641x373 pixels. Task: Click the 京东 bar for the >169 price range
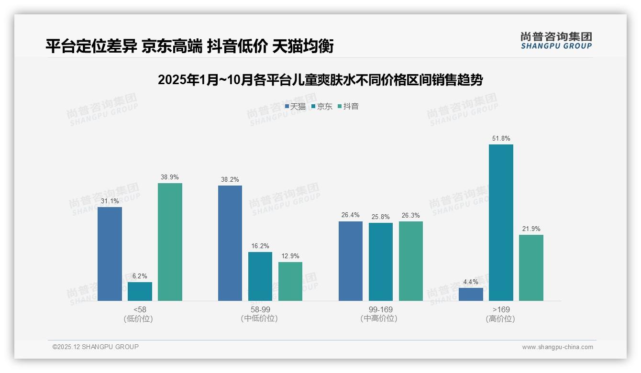[x=501, y=222]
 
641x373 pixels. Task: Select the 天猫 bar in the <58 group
[x=110, y=253]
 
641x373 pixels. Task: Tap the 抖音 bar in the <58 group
[x=170, y=241]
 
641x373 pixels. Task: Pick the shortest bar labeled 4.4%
[x=471, y=294]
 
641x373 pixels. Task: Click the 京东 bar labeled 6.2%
[x=140, y=291]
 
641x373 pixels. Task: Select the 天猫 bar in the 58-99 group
[x=230, y=243]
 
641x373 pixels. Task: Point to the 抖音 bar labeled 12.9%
[x=290, y=281]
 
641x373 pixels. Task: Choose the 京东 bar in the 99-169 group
[x=381, y=262]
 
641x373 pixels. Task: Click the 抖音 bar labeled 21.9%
[x=531, y=267]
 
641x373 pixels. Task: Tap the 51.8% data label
[x=501, y=139]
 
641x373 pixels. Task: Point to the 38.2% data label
[x=230, y=180]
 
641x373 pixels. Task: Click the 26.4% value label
[x=351, y=215]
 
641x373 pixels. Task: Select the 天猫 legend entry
[x=295, y=107]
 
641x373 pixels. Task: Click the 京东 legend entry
[x=322, y=107]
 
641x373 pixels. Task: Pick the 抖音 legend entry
[x=348, y=107]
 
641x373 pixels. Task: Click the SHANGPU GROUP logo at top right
[x=556, y=41]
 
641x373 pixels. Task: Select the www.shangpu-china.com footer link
[x=557, y=347]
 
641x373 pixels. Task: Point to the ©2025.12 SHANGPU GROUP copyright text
[x=96, y=347]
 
